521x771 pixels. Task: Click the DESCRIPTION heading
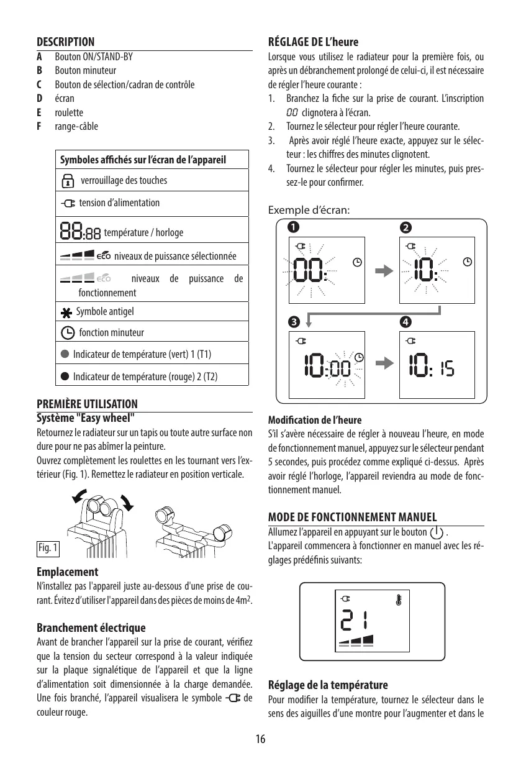click(x=66, y=42)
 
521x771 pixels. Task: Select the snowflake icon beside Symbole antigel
click(x=67, y=311)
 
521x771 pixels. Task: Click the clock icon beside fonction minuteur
click(x=68, y=332)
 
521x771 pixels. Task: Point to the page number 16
click(x=260, y=739)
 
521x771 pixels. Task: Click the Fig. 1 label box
click(x=48, y=548)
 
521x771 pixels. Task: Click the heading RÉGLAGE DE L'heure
click(x=313, y=42)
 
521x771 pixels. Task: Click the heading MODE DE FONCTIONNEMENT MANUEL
click(x=352, y=518)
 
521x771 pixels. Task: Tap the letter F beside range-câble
click(x=39, y=126)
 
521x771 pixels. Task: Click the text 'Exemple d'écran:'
click(x=309, y=210)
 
